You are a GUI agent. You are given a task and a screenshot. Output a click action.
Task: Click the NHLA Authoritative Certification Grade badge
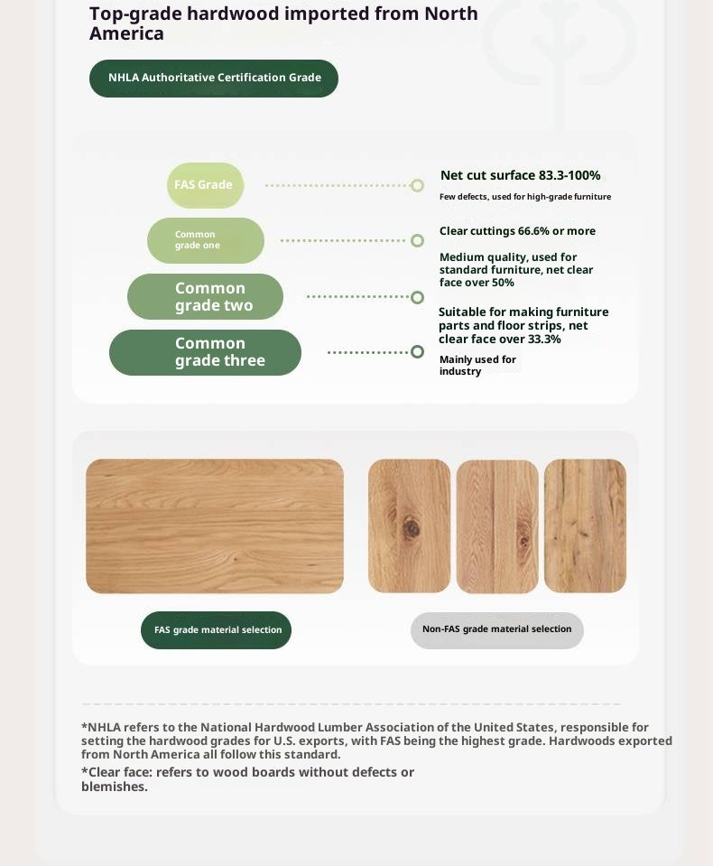click(x=214, y=79)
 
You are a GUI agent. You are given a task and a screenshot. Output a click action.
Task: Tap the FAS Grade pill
click(x=205, y=185)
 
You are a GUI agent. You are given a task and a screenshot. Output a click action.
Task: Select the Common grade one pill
click(x=206, y=240)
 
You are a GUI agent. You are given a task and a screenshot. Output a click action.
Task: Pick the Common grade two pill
click(x=206, y=296)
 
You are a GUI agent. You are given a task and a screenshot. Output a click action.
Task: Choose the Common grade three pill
click(x=206, y=352)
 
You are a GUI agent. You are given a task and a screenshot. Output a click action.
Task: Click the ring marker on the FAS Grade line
click(x=417, y=185)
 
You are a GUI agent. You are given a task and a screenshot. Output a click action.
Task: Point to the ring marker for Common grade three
click(x=417, y=351)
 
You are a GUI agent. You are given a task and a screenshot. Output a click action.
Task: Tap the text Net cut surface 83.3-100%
click(x=520, y=175)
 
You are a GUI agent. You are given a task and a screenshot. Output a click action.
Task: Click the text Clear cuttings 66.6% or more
click(x=517, y=231)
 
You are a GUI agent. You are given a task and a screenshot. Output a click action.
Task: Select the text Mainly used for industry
click(x=477, y=366)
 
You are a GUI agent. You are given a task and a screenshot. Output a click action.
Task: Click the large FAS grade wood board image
click(x=215, y=526)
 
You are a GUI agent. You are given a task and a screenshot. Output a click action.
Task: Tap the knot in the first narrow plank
click(x=411, y=528)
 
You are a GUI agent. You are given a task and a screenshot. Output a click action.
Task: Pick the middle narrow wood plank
click(x=497, y=526)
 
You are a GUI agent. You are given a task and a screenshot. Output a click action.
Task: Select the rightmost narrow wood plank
click(x=585, y=526)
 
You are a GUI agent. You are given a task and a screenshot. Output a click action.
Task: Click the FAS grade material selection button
click(x=217, y=630)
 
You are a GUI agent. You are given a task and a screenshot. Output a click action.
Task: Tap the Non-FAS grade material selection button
click(x=496, y=629)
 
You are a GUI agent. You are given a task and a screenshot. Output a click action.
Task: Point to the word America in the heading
click(x=126, y=34)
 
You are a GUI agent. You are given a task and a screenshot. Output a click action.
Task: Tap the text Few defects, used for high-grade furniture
click(x=524, y=197)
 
